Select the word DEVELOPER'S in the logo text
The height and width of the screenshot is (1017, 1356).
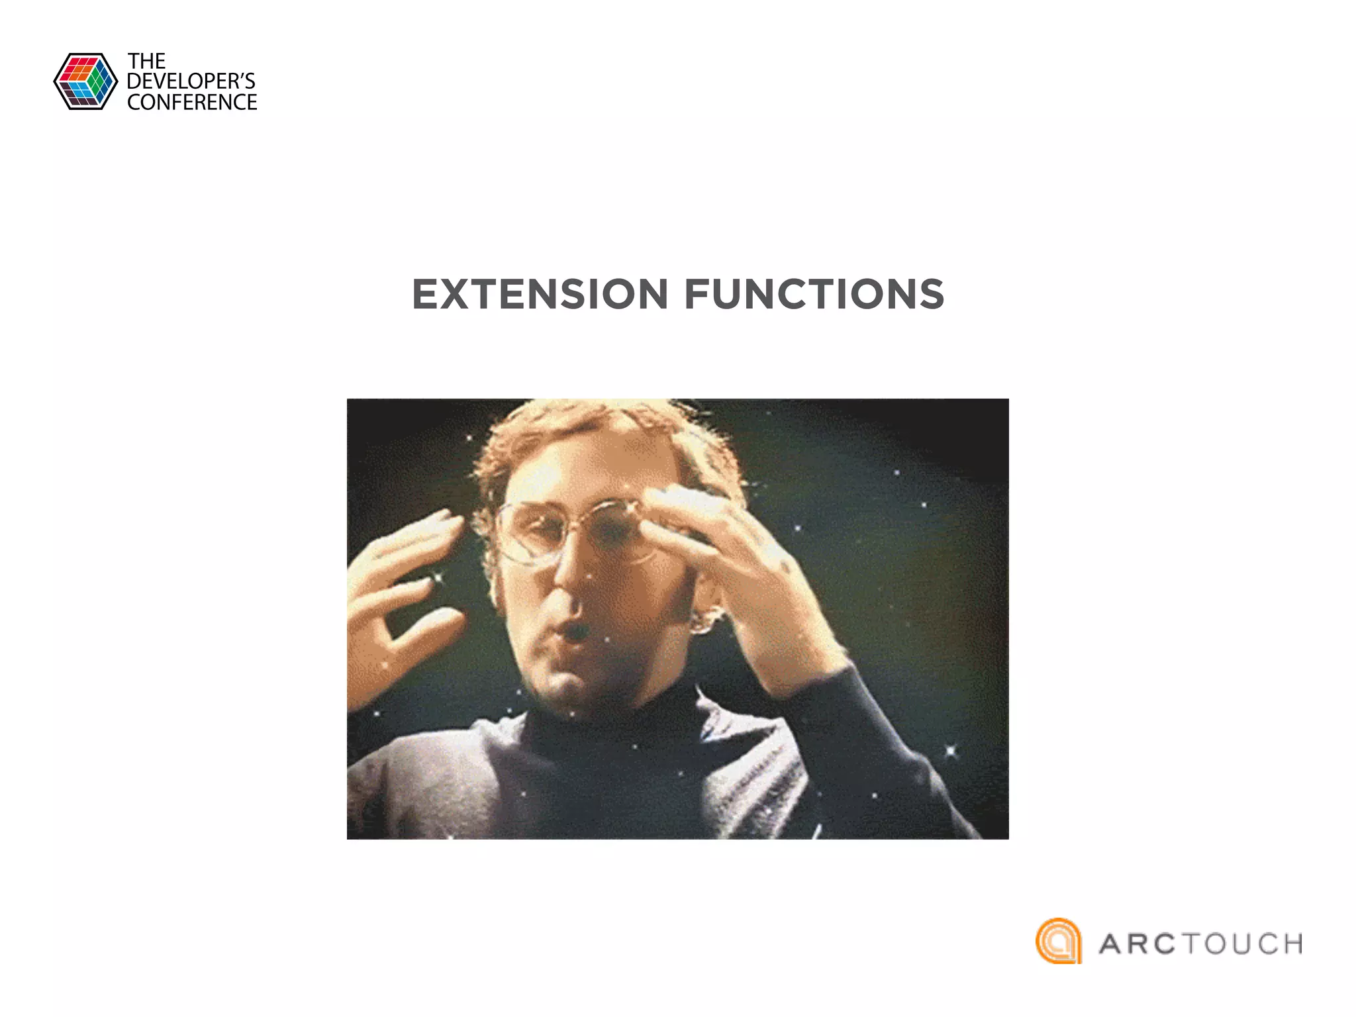click(191, 81)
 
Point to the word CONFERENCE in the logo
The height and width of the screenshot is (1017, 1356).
click(192, 103)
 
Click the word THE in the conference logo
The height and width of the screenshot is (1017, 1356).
click(146, 62)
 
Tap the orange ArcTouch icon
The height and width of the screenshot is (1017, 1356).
click(1058, 941)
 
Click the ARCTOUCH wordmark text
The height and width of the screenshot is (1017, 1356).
click(1200, 944)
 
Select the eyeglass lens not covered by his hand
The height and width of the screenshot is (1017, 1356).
click(530, 533)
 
